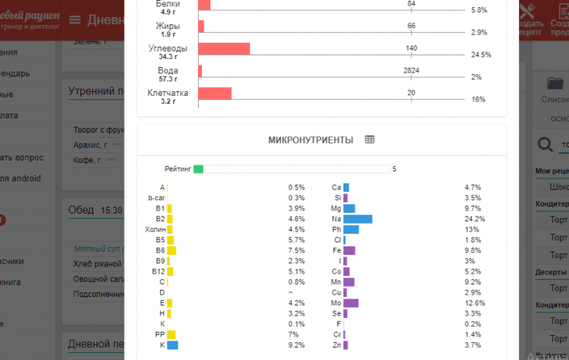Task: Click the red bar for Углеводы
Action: point(224,48)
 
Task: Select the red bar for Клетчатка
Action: point(214,94)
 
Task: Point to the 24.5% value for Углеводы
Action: point(481,55)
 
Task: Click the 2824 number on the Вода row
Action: point(412,70)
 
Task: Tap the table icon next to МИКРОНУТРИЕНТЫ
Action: point(369,139)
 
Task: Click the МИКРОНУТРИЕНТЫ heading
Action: point(310,139)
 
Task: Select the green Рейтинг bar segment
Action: point(198,168)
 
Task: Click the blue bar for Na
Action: point(358,219)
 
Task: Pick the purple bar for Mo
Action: point(351,303)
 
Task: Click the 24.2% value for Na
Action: point(475,219)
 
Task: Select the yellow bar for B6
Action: point(171,251)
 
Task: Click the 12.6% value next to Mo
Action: point(475,303)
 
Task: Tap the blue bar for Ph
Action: point(351,230)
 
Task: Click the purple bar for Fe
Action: point(349,251)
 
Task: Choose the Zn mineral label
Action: point(336,345)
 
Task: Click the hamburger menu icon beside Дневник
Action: point(75,19)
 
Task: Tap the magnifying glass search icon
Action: point(546,144)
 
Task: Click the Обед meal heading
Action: point(81,210)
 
